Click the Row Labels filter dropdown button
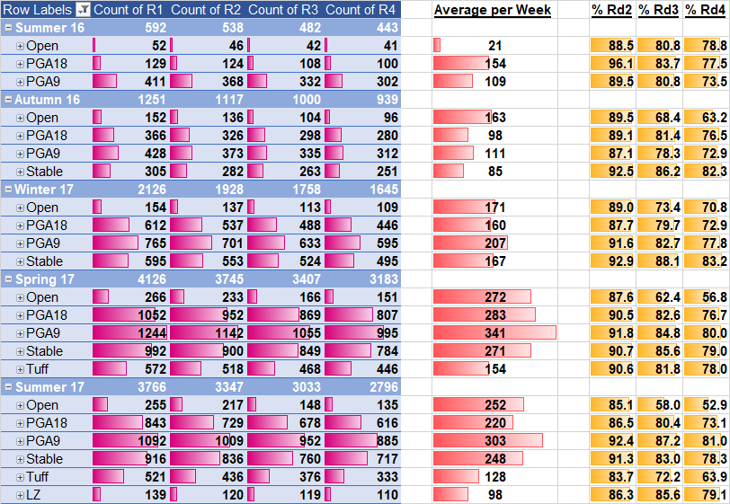[82, 9]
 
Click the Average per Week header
[493, 9]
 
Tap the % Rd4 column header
[706, 9]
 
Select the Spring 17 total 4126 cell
[147, 279]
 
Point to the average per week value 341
[494, 332]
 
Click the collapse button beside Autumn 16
[8, 99]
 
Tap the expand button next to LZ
[20, 495]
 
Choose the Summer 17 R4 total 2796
[378, 387]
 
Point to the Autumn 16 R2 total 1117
[225, 99]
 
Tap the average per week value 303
[494, 441]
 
